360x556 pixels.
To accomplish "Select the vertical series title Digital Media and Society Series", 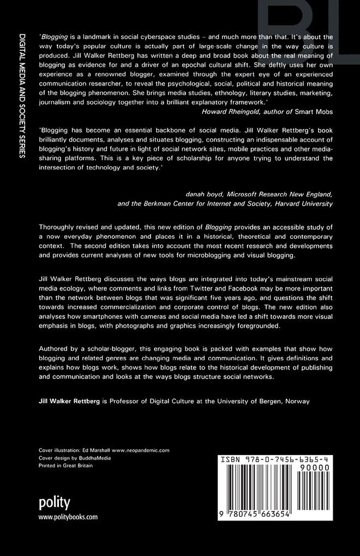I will point(22,95).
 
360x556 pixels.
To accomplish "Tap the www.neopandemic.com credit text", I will point(141,450).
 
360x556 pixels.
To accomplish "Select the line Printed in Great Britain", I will point(65,466).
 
